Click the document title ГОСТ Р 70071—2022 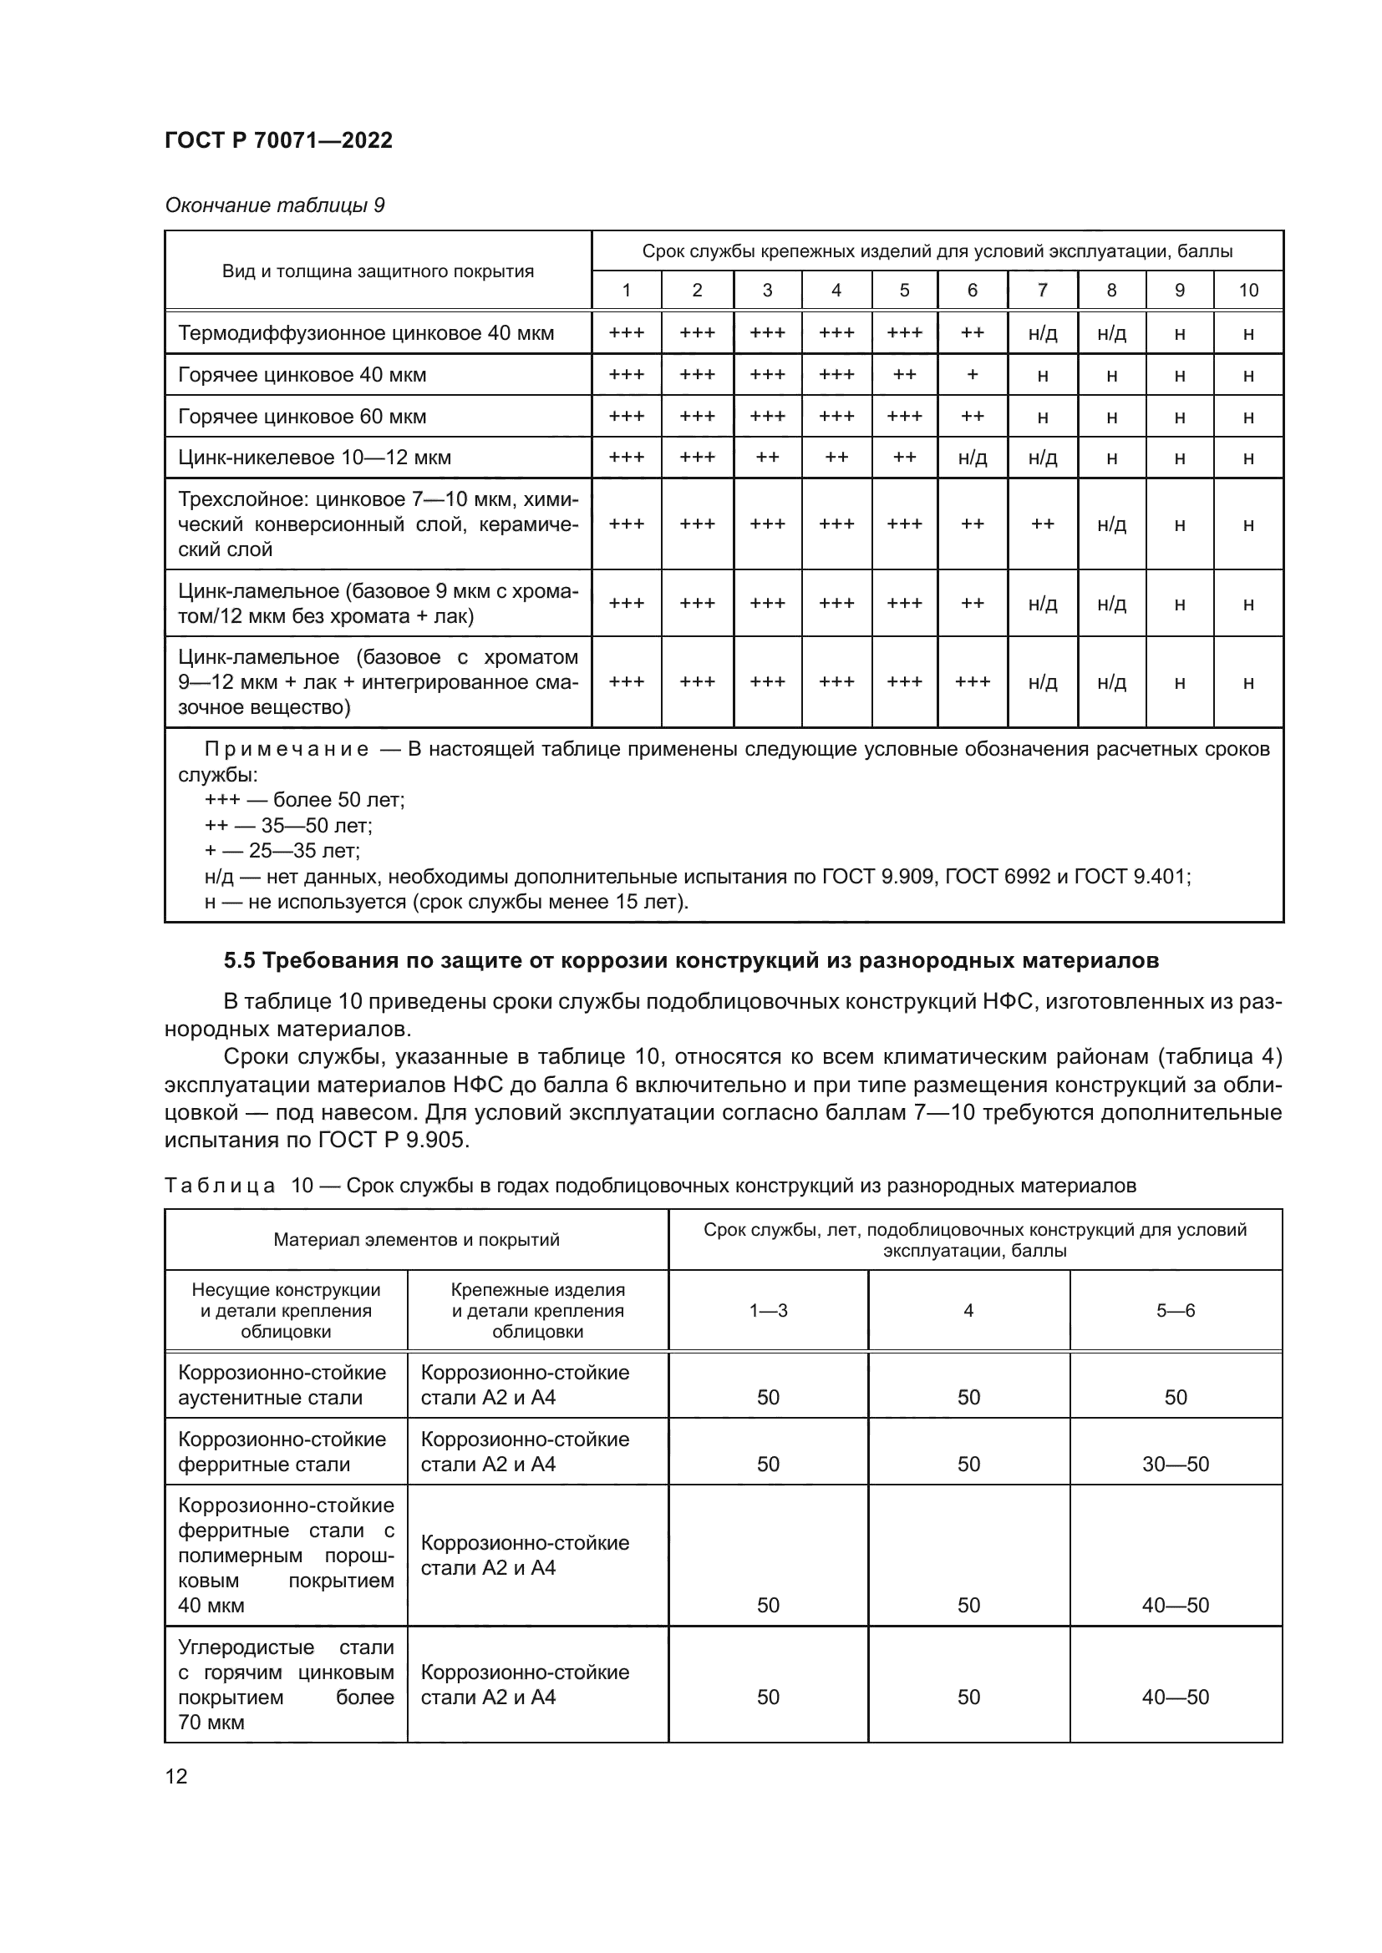pos(278,140)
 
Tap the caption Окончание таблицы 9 pos(274,205)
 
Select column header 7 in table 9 pos(1042,290)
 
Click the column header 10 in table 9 pos(1247,290)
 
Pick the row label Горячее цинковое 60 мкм pos(302,417)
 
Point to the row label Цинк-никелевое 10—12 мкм pos(314,458)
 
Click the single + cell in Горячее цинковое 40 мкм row pos(972,375)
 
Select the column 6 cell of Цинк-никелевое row pos(972,458)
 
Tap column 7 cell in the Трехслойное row pos(1042,524)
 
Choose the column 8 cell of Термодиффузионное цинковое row pos(1110,333)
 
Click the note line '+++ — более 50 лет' pos(304,801)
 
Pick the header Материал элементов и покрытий pos(416,1239)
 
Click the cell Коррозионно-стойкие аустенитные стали pos(282,1384)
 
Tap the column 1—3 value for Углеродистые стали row pos(768,1697)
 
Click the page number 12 pos(176,1776)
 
